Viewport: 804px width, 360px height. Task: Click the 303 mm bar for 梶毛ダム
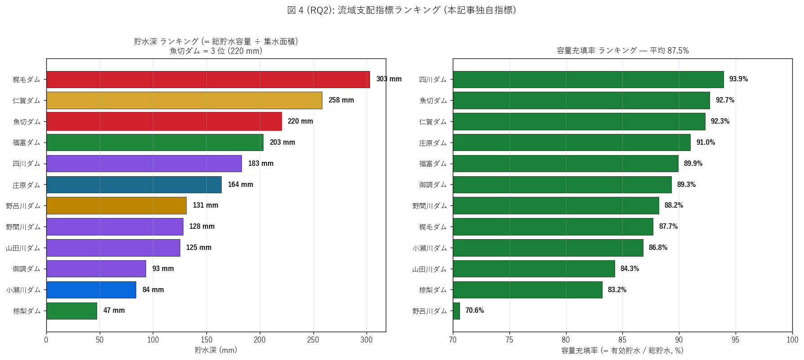click(x=208, y=80)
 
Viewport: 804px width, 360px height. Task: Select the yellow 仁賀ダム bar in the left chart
click(x=184, y=100)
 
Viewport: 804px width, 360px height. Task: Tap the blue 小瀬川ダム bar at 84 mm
click(x=91, y=290)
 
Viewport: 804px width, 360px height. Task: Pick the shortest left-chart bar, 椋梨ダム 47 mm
click(x=71, y=311)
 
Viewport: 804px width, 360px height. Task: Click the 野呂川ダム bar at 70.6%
click(x=456, y=311)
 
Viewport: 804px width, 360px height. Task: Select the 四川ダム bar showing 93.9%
click(x=588, y=80)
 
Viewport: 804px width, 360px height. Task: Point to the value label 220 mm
click(x=300, y=121)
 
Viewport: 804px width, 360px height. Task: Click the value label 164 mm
click(x=241, y=185)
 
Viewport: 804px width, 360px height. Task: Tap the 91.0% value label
click(x=706, y=142)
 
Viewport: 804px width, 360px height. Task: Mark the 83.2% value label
click(x=617, y=290)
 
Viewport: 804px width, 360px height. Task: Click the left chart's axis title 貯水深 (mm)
click(x=216, y=350)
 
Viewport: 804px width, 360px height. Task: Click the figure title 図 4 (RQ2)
click(x=402, y=10)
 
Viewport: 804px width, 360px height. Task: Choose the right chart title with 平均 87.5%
click(x=623, y=51)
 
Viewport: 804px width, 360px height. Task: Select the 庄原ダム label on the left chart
click(x=27, y=185)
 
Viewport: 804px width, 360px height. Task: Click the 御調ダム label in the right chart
click(x=433, y=185)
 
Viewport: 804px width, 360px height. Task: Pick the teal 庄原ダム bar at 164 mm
click(x=134, y=185)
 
